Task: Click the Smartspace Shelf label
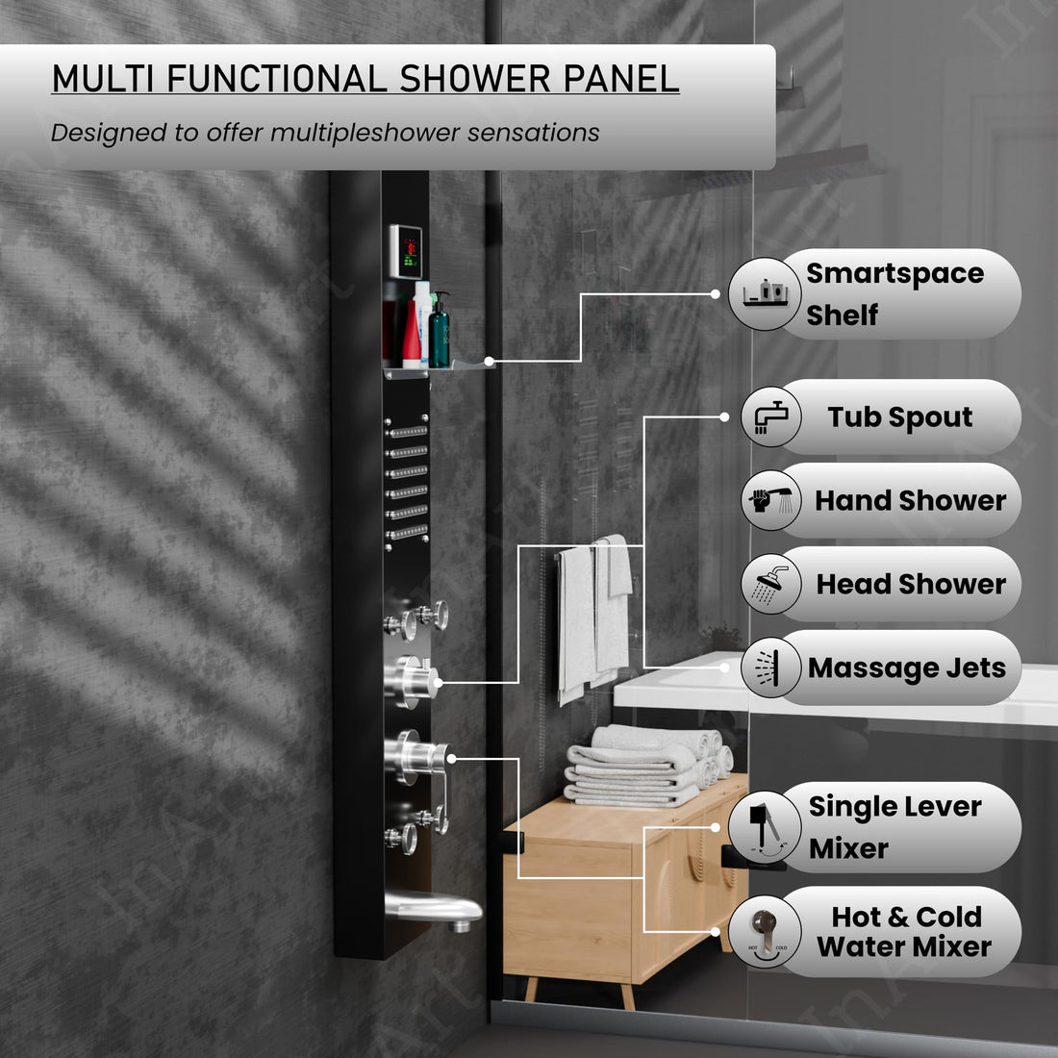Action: click(894, 293)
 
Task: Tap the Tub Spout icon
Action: click(771, 416)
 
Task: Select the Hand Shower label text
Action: click(910, 500)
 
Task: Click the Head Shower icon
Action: click(771, 584)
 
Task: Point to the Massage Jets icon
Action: click(771, 668)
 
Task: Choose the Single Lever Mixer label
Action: click(894, 827)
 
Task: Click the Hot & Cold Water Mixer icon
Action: click(766, 932)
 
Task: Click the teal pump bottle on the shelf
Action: click(439, 333)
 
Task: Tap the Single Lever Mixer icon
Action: click(766, 827)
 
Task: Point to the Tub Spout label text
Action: click(900, 416)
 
